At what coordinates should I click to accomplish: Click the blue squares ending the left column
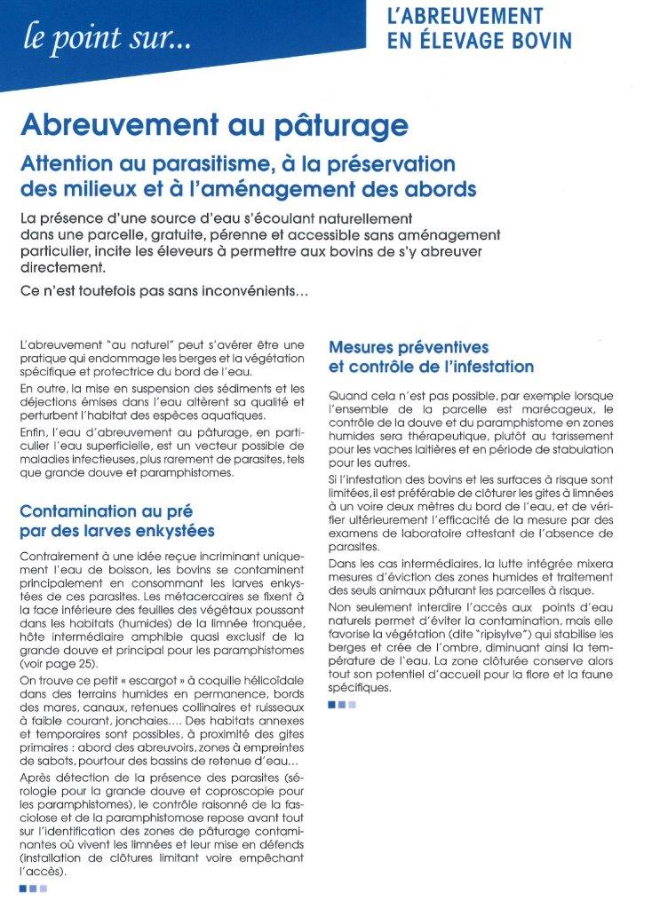click(x=35, y=888)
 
